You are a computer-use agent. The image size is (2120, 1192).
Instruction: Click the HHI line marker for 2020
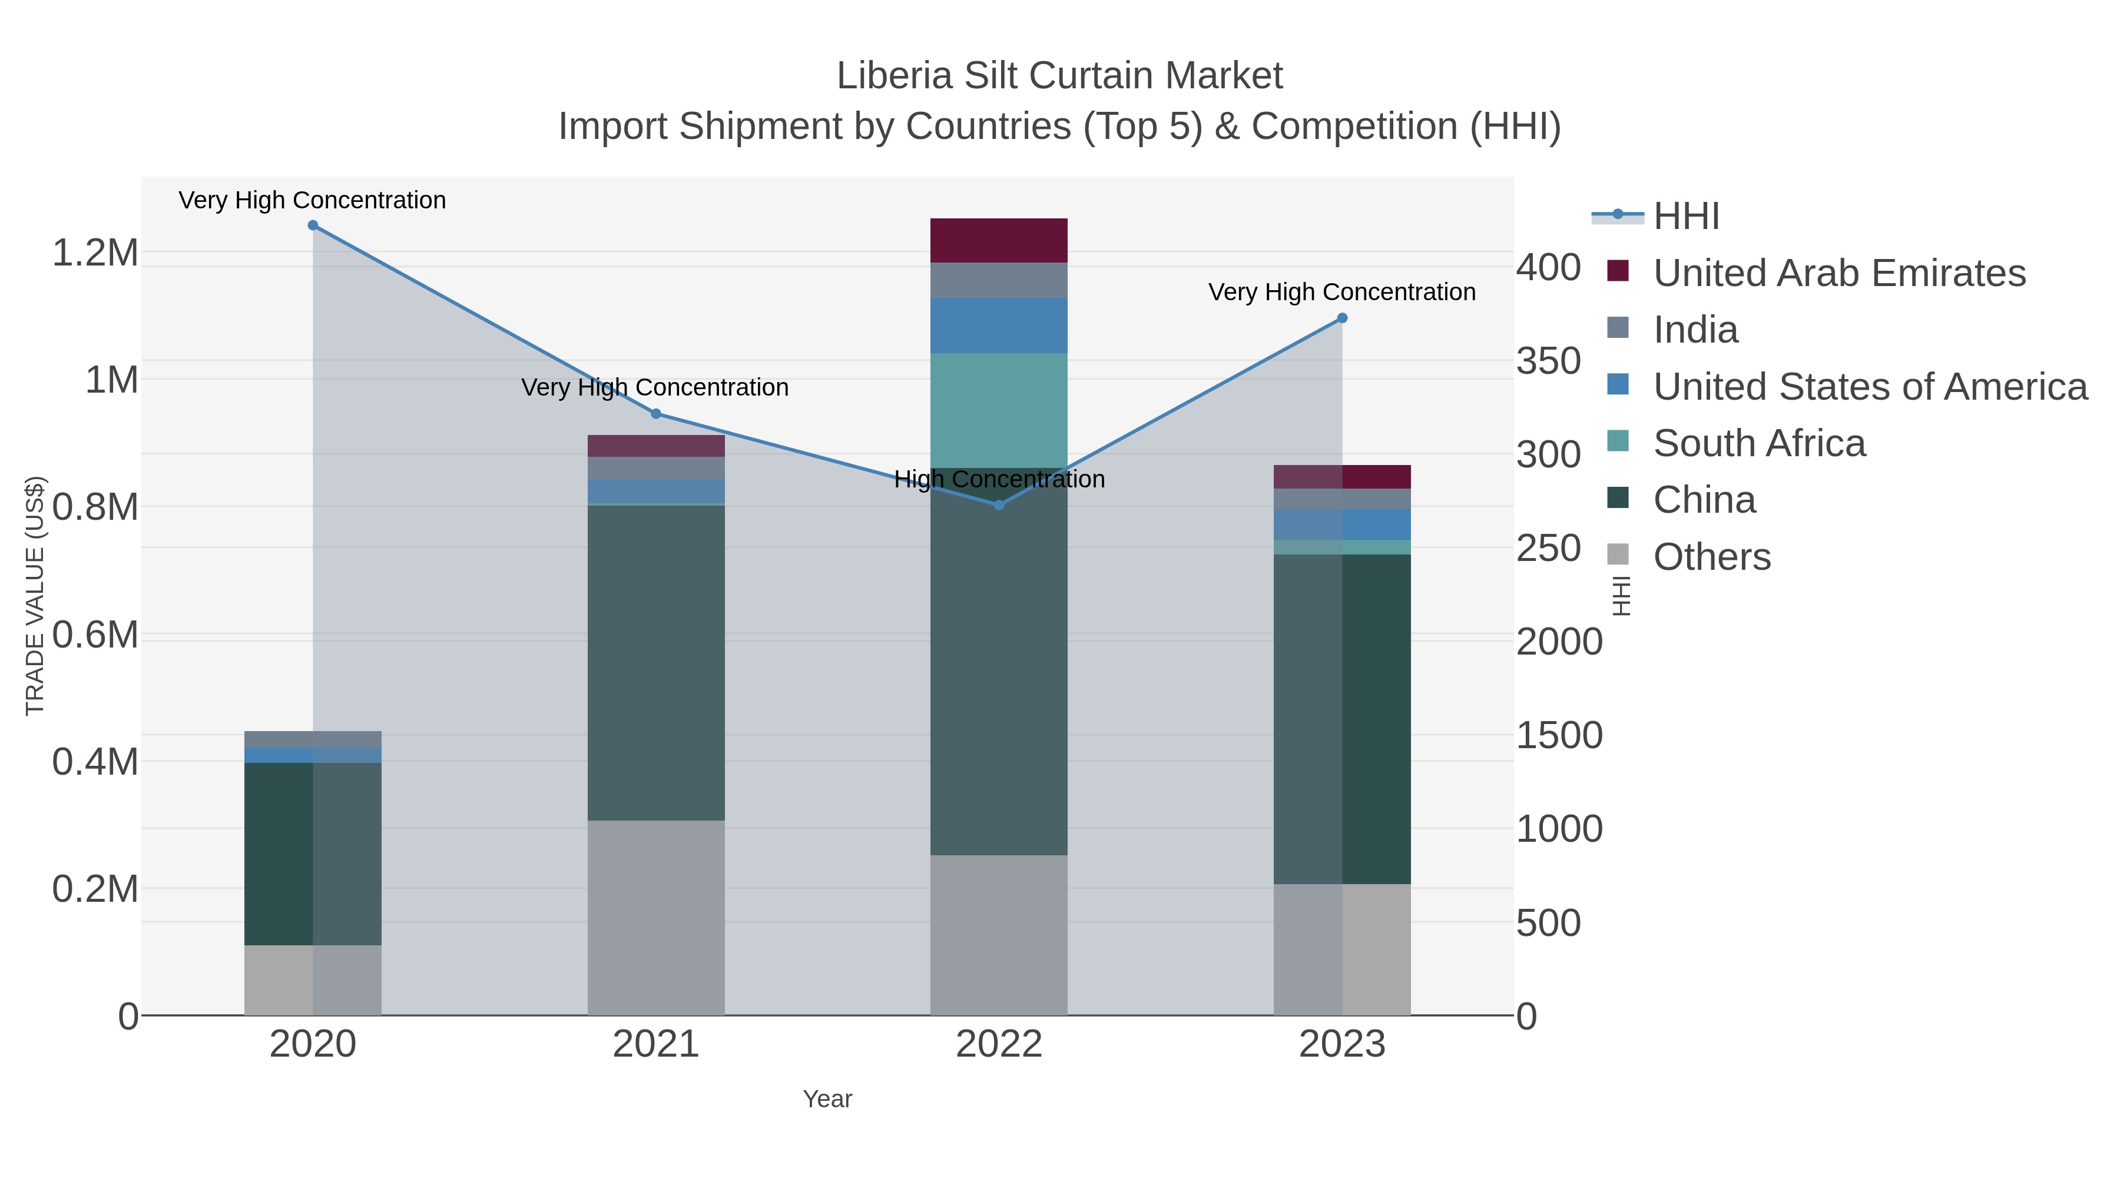[313, 225]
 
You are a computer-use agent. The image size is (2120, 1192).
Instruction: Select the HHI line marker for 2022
[999, 505]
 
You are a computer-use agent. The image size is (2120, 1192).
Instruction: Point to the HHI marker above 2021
[656, 414]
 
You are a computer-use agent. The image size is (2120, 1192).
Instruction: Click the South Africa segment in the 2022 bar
[999, 410]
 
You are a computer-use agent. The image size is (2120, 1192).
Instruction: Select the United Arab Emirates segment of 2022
[999, 240]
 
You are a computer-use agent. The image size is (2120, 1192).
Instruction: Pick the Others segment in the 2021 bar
[656, 917]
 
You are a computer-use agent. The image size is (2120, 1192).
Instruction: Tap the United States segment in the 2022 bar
[999, 325]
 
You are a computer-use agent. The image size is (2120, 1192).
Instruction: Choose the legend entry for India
[1695, 330]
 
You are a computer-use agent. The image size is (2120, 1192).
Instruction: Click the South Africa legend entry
[1758, 443]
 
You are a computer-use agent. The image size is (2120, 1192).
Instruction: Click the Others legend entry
[1712, 557]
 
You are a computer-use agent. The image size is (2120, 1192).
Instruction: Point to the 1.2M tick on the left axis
[95, 253]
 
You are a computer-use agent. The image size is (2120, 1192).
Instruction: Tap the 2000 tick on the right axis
[1559, 642]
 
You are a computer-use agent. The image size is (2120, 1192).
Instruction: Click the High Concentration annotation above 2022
[999, 479]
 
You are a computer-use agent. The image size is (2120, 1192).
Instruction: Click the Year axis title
[827, 1099]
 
